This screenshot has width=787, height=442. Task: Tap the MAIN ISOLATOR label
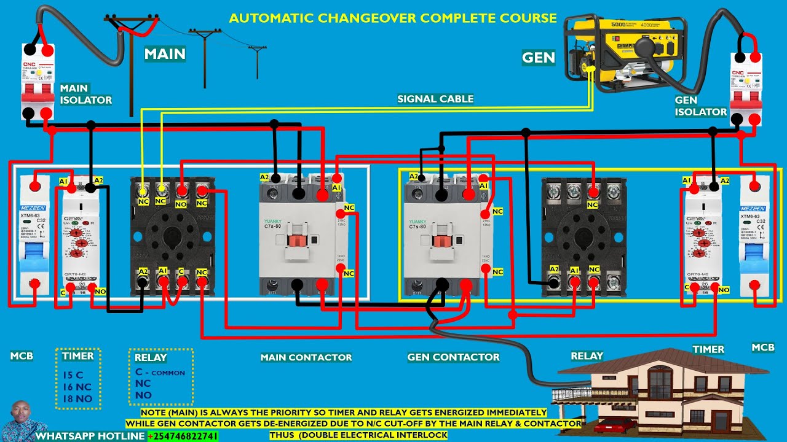coord(85,94)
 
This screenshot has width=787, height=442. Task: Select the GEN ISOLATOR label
coord(700,106)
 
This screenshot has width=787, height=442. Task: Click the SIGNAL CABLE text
coord(435,98)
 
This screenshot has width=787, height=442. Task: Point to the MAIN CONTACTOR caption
coord(306,357)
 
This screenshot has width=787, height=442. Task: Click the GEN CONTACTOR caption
coord(453,357)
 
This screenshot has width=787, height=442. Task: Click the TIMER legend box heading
coord(77,356)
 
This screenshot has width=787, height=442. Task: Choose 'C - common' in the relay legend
coord(159,372)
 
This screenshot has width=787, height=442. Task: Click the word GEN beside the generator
coord(538,58)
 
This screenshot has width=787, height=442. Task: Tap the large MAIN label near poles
coord(165,54)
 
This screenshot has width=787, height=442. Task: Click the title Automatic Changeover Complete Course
coord(393,18)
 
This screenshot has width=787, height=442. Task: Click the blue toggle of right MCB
coord(754,258)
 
